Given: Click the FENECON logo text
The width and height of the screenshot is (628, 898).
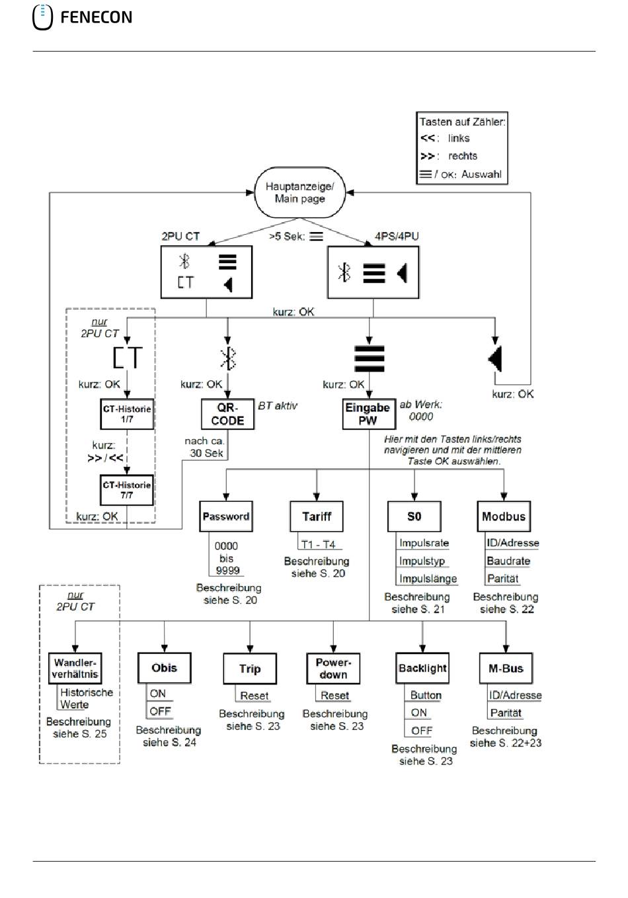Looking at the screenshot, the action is [97, 17].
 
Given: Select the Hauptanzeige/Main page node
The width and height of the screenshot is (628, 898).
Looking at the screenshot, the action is [299, 192].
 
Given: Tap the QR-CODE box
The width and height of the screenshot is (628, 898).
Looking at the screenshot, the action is [227, 414].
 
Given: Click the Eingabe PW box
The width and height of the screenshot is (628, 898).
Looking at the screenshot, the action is [369, 414].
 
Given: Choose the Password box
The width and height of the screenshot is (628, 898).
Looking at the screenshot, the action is [226, 516].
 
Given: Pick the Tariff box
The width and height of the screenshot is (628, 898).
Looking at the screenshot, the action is [317, 516].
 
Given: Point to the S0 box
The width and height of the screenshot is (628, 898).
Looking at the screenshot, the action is [414, 516].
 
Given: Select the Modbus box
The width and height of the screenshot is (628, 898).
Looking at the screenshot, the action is [504, 516].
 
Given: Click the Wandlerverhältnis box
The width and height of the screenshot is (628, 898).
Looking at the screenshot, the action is [75, 669].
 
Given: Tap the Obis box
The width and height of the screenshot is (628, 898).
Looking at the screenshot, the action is [165, 668].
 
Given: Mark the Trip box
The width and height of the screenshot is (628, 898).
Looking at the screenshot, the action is [250, 669].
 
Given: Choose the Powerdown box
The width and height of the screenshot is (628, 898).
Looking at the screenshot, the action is [333, 669].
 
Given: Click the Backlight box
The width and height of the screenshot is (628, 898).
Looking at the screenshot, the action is [422, 669].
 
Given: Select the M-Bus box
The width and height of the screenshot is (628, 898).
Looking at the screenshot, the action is [506, 669].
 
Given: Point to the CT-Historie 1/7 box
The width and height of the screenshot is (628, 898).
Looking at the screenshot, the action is [127, 414].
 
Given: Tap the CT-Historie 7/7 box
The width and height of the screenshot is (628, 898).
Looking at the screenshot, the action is [127, 490].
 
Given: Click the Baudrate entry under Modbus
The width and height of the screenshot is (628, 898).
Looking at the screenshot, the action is [508, 561].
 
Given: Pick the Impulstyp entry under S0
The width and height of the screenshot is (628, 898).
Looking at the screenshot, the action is [422, 561].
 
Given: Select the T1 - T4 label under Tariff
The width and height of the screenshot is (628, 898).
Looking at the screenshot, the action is [318, 544].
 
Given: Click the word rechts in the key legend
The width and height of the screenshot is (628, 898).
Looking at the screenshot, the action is [463, 156].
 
